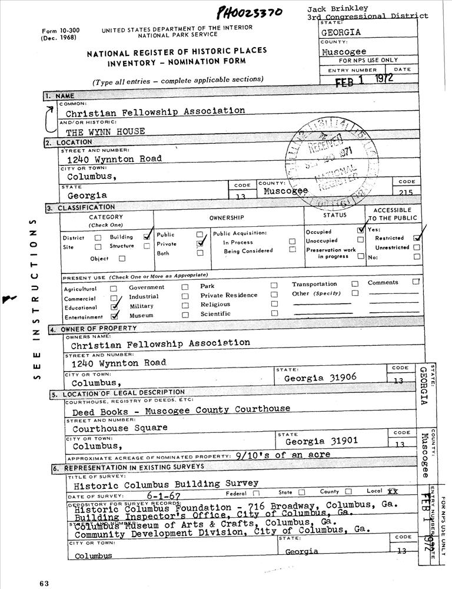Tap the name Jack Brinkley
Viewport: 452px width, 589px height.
pyautogui.click(x=337, y=8)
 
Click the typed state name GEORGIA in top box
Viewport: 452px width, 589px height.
pyautogui.click(x=341, y=33)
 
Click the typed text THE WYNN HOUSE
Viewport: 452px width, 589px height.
pyautogui.click(x=105, y=131)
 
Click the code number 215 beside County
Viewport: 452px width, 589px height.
pyautogui.click(x=407, y=192)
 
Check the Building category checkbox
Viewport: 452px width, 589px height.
pyautogui.click(x=147, y=236)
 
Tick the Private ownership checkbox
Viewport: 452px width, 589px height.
pyautogui.click(x=200, y=243)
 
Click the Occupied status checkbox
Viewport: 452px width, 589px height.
pyautogui.click(x=361, y=231)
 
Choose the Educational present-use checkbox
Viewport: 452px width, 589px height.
pyautogui.click(x=114, y=307)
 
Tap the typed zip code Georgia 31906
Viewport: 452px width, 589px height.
pyautogui.click(x=320, y=378)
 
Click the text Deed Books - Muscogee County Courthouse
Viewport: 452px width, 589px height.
pyautogui.click(x=181, y=409)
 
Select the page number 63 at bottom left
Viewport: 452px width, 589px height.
pyautogui.click(x=44, y=583)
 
